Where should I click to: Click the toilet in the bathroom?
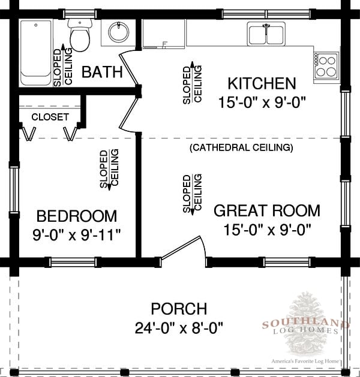[x=80, y=35]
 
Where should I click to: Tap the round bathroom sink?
[x=118, y=32]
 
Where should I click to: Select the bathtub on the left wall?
[x=35, y=53]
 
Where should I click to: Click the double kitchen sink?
[x=266, y=34]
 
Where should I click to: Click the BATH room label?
[x=102, y=72]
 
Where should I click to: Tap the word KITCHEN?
[x=262, y=83]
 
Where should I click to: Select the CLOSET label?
[x=50, y=117]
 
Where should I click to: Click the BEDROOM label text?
[x=77, y=216]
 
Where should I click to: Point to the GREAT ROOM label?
[x=267, y=210]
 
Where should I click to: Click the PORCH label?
[x=179, y=309]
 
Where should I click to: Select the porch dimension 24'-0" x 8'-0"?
[x=179, y=328]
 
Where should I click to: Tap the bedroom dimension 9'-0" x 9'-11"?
[x=77, y=235]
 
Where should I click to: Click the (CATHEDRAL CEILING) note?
[x=241, y=147]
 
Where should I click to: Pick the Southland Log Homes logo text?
[x=305, y=327]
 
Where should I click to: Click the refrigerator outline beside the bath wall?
[x=164, y=34]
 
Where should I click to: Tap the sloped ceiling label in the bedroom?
[x=109, y=169]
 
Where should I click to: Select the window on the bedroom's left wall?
[x=14, y=188]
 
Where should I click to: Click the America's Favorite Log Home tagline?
[x=305, y=361]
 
